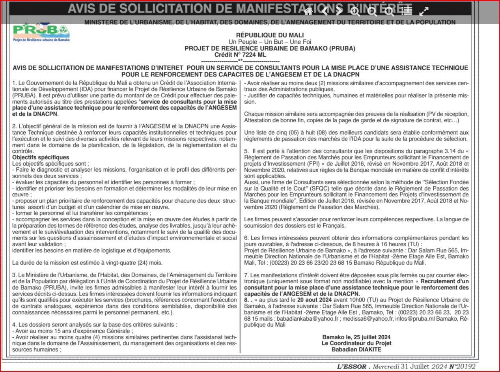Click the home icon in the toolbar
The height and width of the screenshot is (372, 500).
[308, 11]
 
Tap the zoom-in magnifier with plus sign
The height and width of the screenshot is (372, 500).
[355, 11]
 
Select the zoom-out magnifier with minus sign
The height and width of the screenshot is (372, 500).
[372, 11]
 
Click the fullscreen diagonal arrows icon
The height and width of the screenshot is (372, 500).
[424, 11]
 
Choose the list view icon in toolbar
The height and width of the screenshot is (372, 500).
[407, 11]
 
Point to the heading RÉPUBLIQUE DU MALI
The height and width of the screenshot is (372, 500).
[270, 36]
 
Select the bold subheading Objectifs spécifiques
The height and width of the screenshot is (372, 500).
[41, 157]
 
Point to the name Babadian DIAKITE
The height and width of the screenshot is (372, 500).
[356, 349]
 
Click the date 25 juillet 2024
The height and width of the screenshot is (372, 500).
[369, 337]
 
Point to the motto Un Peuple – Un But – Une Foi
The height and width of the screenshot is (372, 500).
[270, 42]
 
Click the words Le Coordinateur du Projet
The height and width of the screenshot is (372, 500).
[356, 343]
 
